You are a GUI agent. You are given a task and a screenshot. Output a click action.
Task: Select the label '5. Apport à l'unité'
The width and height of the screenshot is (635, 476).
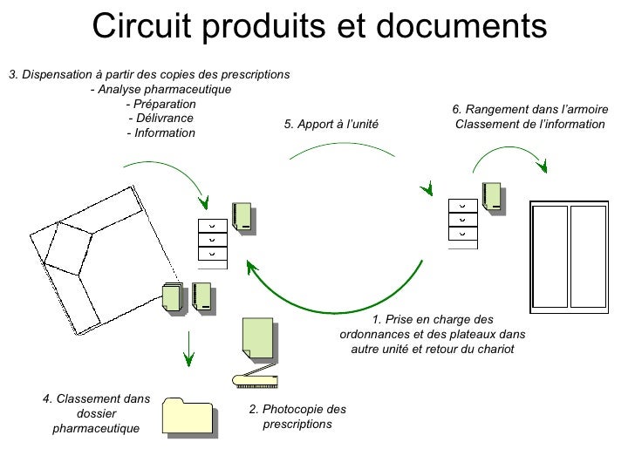[x=331, y=125]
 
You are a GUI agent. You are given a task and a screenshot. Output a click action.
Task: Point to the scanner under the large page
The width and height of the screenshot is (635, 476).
[x=256, y=378]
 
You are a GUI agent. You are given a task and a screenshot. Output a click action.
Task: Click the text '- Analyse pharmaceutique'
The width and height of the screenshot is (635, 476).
[x=160, y=90]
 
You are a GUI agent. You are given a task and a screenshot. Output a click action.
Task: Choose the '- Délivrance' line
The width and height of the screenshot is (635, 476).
[x=160, y=119]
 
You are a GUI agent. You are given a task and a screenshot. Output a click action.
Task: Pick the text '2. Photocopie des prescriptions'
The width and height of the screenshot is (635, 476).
[x=297, y=417]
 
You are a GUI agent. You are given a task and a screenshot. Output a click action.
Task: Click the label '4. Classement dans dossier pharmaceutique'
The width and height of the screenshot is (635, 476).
[x=96, y=414]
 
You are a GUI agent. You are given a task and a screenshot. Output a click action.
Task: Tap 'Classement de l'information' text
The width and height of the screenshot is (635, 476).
[x=529, y=125]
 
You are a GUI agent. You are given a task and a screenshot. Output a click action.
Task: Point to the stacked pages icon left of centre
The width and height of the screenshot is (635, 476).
[x=172, y=297]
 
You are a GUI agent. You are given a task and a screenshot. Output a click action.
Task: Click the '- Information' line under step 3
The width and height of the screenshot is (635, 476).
[x=160, y=133]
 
